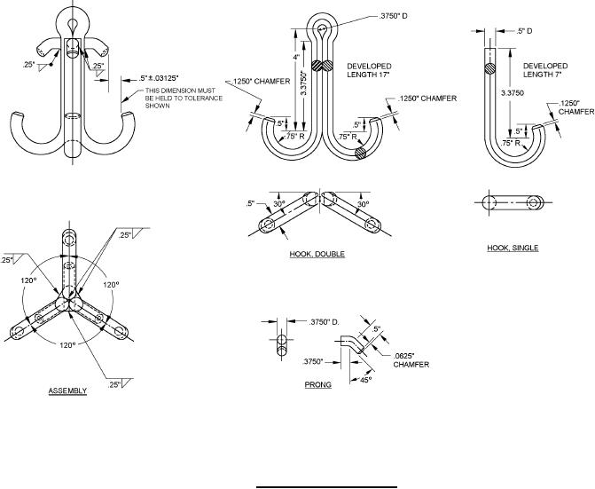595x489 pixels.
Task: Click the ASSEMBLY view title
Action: coord(67,390)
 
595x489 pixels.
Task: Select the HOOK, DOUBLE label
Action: coord(317,254)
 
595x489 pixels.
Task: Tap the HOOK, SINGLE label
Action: coord(513,248)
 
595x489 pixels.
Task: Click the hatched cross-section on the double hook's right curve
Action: coord(359,154)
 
